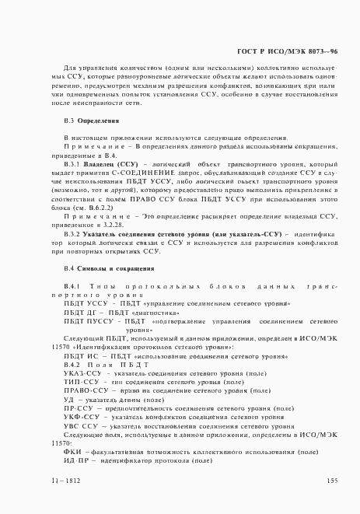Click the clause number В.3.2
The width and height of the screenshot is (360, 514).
pos(72,233)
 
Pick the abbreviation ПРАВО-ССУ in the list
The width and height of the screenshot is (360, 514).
pos(83,393)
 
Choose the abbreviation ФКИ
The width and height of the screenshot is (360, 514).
pos(72,452)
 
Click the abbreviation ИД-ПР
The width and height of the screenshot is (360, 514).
pos(75,460)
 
